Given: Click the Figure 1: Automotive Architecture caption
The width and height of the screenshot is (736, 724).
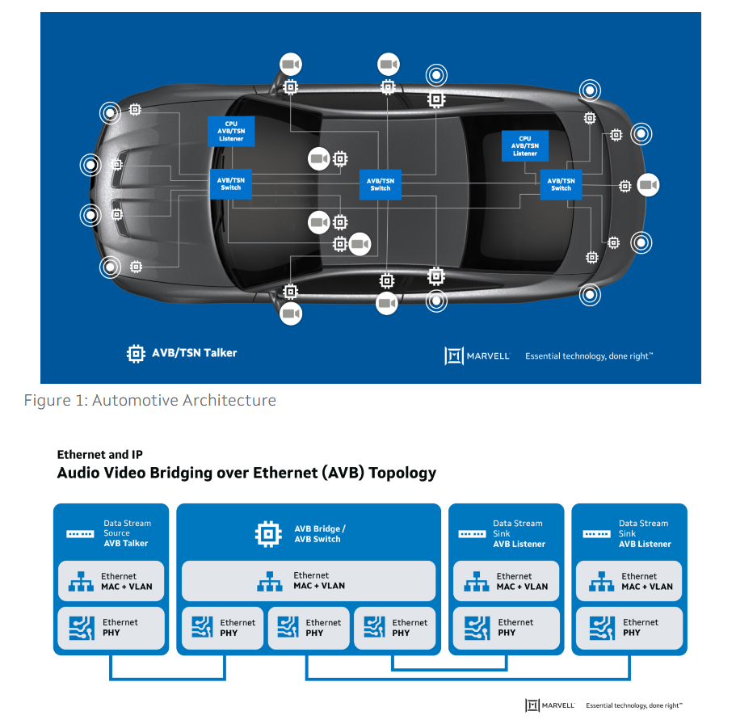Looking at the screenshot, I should pyautogui.click(x=149, y=400).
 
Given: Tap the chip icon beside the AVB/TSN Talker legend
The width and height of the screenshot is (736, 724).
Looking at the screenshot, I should pyautogui.click(x=136, y=353).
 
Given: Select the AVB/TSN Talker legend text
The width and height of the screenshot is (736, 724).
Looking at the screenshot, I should pyautogui.click(x=194, y=353).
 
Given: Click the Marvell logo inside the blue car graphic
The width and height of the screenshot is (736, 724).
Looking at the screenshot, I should pyautogui.click(x=477, y=356).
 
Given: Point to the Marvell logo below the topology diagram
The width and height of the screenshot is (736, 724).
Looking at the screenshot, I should pyautogui.click(x=550, y=705).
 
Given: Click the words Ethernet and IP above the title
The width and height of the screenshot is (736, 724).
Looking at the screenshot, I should pyautogui.click(x=99, y=455).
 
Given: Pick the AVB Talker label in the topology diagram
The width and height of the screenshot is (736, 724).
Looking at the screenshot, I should pyautogui.click(x=125, y=543).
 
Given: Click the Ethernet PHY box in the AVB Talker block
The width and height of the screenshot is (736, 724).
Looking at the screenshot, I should pyautogui.click(x=111, y=627).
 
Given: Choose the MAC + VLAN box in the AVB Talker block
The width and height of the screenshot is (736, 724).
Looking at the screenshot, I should pyautogui.click(x=111, y=581).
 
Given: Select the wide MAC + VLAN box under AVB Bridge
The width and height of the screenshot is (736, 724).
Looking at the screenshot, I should pyautogui.click(x=309, y=581).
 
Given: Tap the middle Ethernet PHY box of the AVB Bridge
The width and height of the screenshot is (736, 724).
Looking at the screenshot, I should pyautogui.click(x=309, y=628).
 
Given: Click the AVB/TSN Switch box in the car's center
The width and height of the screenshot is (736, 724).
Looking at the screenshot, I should pyautogui.click(x=380, y=184).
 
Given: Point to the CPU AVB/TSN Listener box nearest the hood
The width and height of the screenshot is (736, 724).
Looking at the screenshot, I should pyautogui.click(x=231, y=131).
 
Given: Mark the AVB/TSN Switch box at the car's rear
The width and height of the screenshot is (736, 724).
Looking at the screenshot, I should pyautogui.click(x=561, y=184).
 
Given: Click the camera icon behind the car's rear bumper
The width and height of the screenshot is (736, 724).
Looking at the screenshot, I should pyautogui.click(x=647, y=185).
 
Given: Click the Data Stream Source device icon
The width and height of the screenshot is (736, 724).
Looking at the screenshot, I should pyautogui.click(x=80, y=533).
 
